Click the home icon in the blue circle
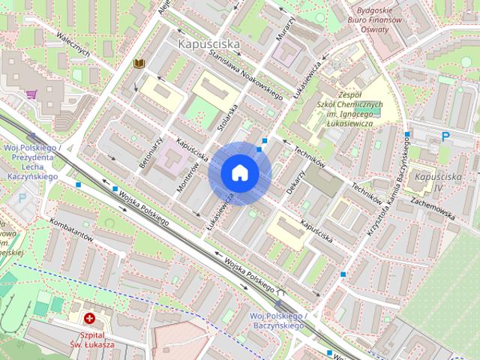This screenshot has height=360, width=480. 239,172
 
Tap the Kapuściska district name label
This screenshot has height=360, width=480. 209,44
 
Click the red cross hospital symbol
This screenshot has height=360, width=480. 90,319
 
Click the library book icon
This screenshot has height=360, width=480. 138,64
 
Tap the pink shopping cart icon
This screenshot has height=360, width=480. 31,94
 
